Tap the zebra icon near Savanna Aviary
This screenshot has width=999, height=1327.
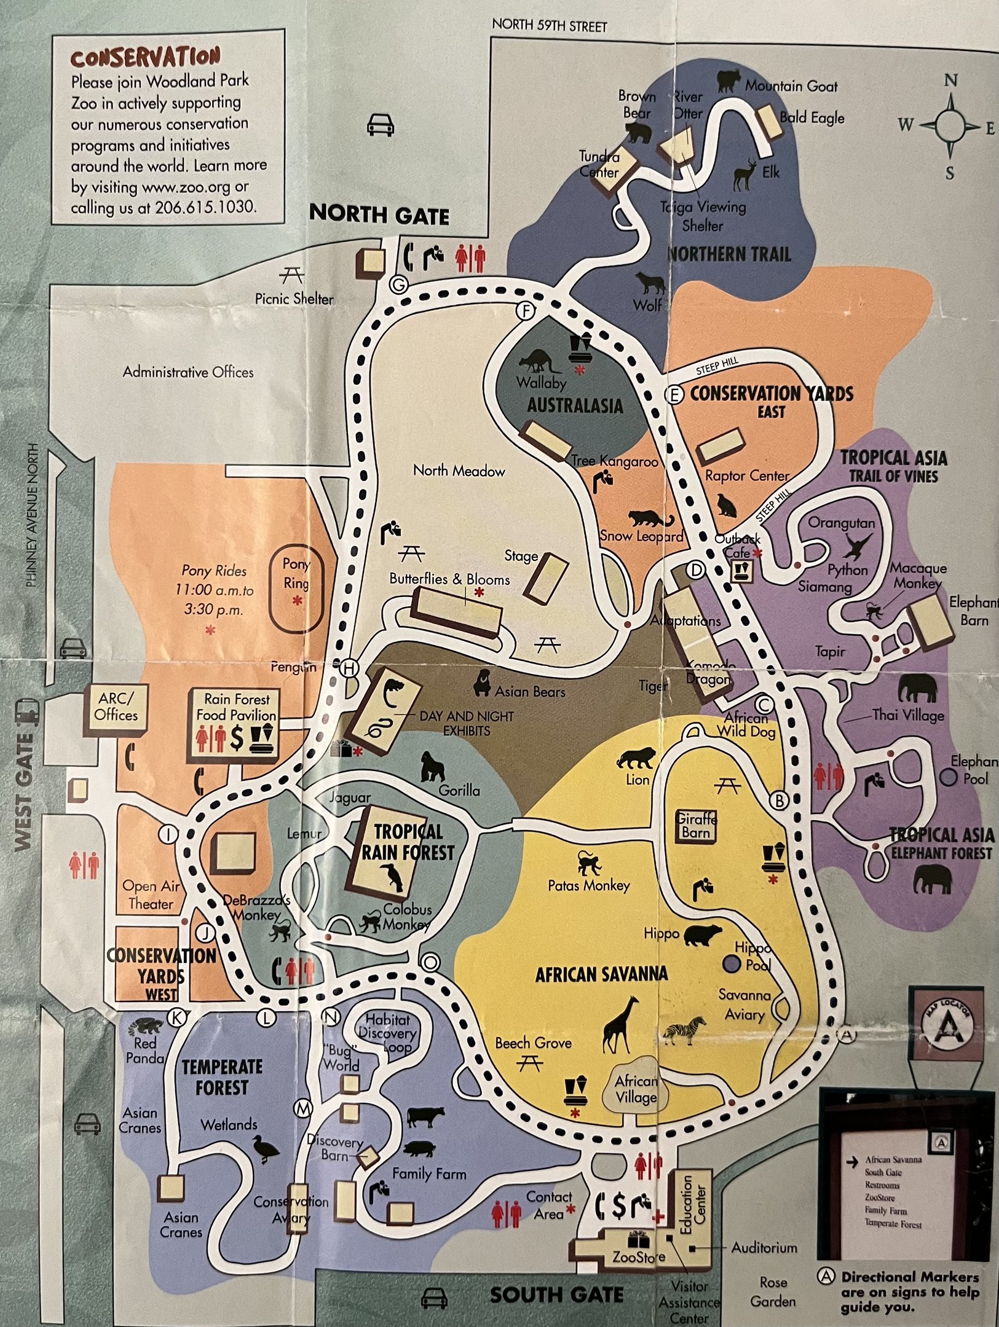[685, 1030]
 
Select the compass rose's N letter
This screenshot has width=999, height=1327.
[950, 80]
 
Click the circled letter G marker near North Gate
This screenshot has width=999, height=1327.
[399, 285]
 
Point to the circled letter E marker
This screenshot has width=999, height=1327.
[674, 395]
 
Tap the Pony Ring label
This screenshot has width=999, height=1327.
[296, 573]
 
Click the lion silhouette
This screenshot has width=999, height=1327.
[636, 758]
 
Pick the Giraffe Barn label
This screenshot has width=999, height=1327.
[696, 826]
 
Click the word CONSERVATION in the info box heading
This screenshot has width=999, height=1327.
[145, 58]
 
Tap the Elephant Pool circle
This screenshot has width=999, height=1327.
[950, 778]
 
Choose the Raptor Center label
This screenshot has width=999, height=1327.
[746, 476]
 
